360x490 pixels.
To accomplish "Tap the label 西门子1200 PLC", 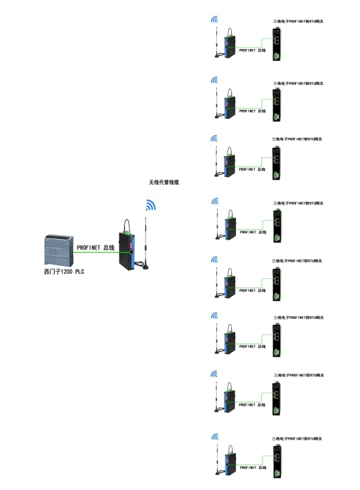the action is coord(64,272).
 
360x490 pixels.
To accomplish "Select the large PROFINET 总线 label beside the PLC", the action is coord(95,248).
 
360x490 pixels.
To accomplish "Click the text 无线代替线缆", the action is coord(164,182).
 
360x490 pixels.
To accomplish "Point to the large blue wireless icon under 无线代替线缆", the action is coord(151,204).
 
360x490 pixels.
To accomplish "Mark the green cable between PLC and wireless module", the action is coord(96,252).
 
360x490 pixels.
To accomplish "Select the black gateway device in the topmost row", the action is coord(276,44).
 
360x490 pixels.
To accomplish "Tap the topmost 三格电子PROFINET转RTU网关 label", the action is coord(298,22).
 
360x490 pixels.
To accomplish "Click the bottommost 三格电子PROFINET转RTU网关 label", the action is coord(297,438).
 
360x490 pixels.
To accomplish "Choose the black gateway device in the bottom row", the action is coord(276,461).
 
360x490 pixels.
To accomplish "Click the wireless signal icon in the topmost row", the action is coord(214,20).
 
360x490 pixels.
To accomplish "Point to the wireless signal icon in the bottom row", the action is coord(215,436).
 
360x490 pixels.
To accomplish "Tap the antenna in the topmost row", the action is coord(216,42).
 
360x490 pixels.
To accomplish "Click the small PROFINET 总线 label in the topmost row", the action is coord(252,50).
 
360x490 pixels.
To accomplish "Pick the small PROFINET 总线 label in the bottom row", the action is coord(253,468).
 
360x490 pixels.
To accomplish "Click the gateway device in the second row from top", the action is coord(276,105).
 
